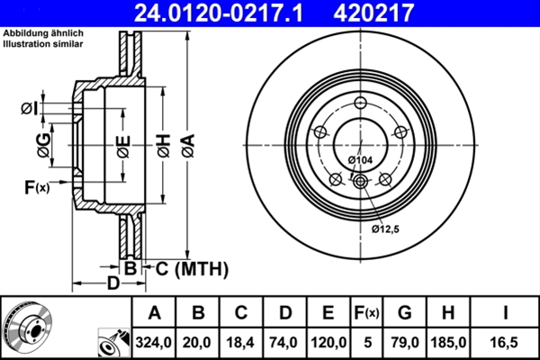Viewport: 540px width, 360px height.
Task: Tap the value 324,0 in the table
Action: tap(154, 341)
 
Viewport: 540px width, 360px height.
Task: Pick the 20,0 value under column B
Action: tap(199, 341)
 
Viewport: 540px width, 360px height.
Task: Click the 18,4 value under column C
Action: tap(241, 341)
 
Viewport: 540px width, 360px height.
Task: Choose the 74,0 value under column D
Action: tap(285, 341)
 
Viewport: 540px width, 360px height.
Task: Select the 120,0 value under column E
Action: tap(328, 341)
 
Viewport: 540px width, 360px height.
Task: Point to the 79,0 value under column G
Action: tap(404, 341)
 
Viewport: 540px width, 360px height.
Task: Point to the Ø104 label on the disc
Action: tap(359, 160)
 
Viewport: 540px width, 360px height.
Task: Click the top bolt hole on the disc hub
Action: tap(360, 102)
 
